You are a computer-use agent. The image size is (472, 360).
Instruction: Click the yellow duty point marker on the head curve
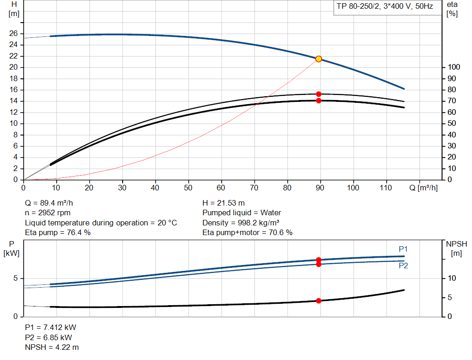point(319,59)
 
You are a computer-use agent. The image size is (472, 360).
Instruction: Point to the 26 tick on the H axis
point(13,34)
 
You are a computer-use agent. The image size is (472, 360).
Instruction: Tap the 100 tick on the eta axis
point(453,67)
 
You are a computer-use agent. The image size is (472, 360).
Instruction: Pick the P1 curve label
point(403,249)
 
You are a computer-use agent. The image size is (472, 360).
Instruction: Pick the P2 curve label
point(403,266)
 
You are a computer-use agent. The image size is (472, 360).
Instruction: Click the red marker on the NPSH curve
point(319,301)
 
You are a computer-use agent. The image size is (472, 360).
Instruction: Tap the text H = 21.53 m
point(224,203)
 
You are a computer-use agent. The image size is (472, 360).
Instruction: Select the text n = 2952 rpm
point(48,213)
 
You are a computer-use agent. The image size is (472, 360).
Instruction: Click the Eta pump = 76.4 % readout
point(58,233)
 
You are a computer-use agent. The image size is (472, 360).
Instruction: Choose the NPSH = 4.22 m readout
point(52,347)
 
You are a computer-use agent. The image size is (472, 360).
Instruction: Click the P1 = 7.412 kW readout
point(50,327)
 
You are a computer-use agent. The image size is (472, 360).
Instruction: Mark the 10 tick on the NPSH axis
point(452,278)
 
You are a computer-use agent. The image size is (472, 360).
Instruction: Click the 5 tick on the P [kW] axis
point(15,278)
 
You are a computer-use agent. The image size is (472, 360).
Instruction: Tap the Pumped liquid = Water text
point(242,213)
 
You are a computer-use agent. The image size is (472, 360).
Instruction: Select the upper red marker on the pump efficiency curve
point(319,94)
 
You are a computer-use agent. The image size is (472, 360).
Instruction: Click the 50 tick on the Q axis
point(188,188)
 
